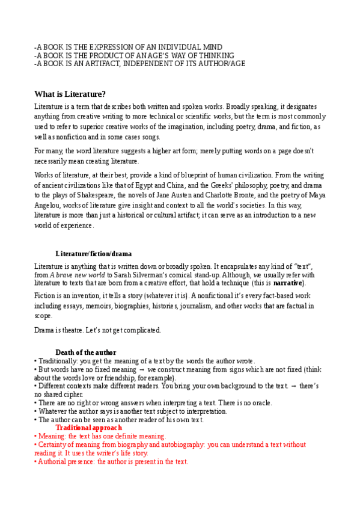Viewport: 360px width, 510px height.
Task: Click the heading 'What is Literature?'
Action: (x=70, y=94)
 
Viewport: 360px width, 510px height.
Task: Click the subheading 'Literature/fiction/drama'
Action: (x=94, y=254)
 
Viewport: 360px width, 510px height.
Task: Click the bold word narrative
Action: (x=288, y=283)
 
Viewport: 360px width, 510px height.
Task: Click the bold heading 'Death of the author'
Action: (x=86, y=352)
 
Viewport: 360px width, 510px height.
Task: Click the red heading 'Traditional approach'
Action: (x=89, y=428)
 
